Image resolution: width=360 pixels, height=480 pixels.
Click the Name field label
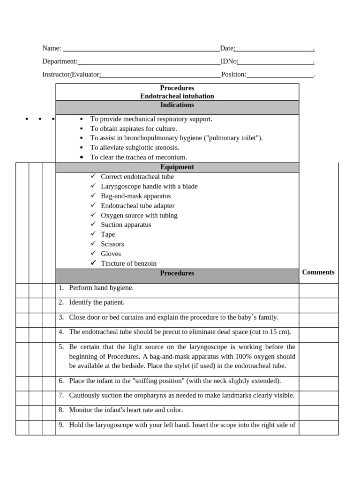pos(52,48)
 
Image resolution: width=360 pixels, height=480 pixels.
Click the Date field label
pos(227,48)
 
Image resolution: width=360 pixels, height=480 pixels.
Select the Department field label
pos(60,61)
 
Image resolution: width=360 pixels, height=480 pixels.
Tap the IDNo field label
pos(229,61)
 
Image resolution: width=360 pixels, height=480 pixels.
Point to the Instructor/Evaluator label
pos(71,75)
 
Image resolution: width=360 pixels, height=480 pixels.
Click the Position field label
pos(233,75)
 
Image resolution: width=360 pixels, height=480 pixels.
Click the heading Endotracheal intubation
pos(177,96)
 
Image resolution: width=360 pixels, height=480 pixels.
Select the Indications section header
pos(177,105)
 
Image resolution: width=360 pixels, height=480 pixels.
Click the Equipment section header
pos(177,167)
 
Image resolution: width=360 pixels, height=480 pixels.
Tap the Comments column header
pos(318,272)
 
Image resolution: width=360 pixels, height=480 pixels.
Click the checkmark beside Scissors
pos(93,244)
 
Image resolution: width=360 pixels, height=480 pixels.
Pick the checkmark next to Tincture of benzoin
pos(93,263)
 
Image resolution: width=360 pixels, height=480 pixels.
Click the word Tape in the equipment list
pos(108,234)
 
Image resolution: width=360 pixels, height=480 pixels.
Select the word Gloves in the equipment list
pos(111,254)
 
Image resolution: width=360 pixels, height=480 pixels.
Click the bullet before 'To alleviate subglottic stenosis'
pos(81,148)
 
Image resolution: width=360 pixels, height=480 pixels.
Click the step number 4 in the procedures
pos(61,332)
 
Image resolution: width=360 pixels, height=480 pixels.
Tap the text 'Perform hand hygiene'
pos(101,288)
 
